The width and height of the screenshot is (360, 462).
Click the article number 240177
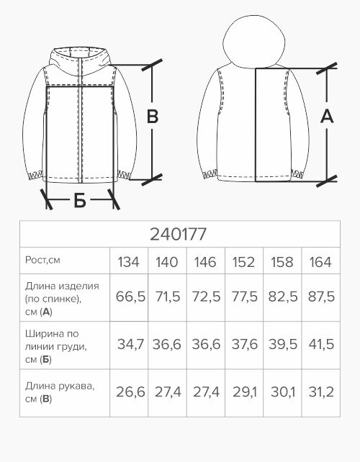point(178,235)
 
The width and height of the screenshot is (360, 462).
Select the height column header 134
point(128,262)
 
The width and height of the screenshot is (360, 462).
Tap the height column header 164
point(320,262)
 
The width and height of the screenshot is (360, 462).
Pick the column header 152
point(243,262)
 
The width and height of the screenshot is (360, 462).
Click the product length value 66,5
point(130,296)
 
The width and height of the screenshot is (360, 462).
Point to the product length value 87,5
point(321,296)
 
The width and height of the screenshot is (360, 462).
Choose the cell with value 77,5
point(245,296)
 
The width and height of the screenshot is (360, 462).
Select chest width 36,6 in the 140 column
point(166,345)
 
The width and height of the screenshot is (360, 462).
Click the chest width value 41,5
point(321,345)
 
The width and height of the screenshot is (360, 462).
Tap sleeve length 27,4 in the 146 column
point(206,392)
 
